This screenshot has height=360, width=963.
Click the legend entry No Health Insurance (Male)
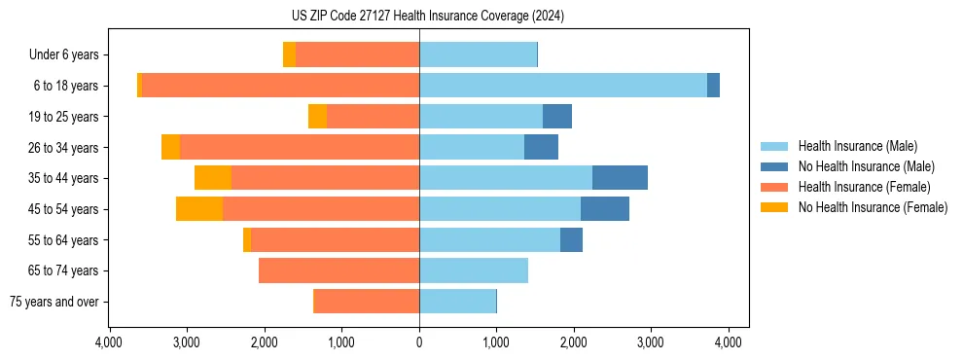866,166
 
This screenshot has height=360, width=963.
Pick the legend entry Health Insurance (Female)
865,187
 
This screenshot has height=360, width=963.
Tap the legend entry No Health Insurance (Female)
873,207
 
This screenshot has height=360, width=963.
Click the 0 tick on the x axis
419,342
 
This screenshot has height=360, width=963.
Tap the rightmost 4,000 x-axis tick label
729,342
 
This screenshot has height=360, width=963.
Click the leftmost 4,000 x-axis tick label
109,342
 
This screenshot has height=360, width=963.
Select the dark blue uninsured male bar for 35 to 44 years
620,178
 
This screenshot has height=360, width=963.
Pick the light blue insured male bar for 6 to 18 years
563,86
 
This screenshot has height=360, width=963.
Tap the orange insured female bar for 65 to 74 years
339,270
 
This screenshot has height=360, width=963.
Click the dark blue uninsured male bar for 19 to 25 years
557,117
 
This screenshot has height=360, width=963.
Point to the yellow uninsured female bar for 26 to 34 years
170,147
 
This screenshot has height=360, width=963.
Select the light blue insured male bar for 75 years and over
457,302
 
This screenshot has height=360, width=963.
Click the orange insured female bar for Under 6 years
357,55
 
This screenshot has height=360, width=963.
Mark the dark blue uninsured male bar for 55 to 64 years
571,239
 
